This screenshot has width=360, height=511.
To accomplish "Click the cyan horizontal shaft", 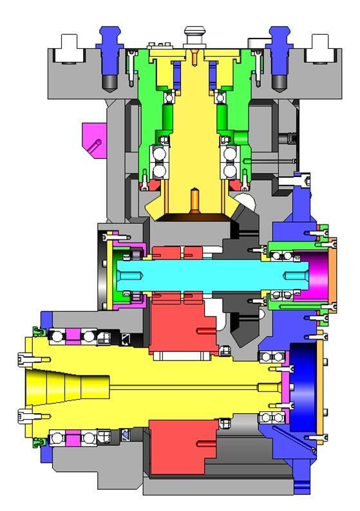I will point(193,275).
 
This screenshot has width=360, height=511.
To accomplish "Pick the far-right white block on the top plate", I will point(321,49).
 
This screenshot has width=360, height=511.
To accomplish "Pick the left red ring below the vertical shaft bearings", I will point(150,185).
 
